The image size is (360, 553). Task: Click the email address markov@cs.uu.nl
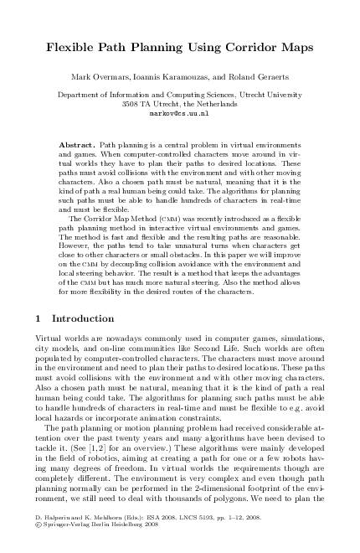pos(178,111)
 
